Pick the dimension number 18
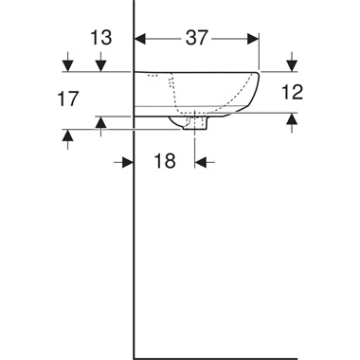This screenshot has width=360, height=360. (165, 162)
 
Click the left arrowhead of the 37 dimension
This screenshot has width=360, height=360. (139, 39)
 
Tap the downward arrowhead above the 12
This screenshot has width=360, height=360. (291, 65)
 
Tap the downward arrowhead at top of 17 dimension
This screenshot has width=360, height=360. (67, 65)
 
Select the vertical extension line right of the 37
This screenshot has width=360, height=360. (259, 52)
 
